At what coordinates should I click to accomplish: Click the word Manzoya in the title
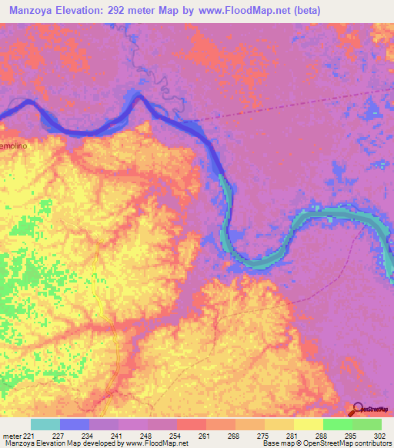[32, 10]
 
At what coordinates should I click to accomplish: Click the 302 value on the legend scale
[381, 436]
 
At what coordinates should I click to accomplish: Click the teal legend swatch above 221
[45, 424]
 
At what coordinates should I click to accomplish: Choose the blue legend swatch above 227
[75, 424]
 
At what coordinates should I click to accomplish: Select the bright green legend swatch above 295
[337, 424]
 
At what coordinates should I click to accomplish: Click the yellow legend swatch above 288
[308, 424]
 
